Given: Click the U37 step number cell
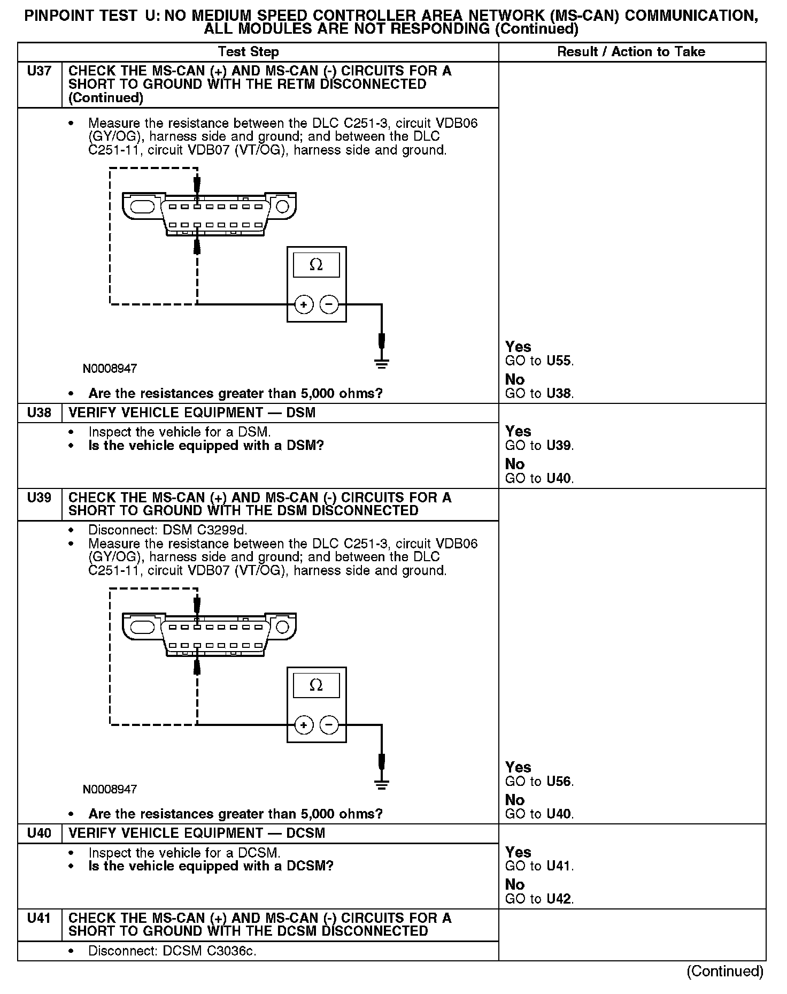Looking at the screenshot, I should click(x=39, y=71).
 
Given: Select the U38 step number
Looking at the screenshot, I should click(x=39, y=413).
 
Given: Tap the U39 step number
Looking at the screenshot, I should click(x=39, y=498).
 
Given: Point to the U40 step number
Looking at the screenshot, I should click(x=39, y=834).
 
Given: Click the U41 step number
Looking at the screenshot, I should click(x=39, y=919).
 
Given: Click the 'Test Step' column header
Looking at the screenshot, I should click(x=248, y=52).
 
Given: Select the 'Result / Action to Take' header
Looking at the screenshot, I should click(x=631, y=52).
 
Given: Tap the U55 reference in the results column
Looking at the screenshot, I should click(x=559, y=361).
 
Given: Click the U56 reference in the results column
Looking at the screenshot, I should click(x=559, y=782).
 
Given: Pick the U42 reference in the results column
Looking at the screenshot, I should click(x=559, y=899).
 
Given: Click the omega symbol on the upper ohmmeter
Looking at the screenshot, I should click(x=316, y=265).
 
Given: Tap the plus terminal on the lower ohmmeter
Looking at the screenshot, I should click(x=304, y=725).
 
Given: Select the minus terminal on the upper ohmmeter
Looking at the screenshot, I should click(x=329, y=305).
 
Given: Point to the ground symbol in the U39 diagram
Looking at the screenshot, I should click(x=381, y=785).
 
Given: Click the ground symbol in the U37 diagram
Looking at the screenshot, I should click(x=381, y=364).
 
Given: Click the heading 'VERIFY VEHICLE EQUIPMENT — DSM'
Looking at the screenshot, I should click(x=192, y=413).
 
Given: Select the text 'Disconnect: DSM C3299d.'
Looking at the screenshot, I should click(x=168, y=531).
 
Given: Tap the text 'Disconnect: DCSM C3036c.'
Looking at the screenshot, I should click(x=172, y=952).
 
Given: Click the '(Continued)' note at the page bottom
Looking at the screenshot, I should click(x=725, y=971).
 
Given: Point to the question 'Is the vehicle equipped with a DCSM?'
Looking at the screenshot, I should click(x=211, y=866).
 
